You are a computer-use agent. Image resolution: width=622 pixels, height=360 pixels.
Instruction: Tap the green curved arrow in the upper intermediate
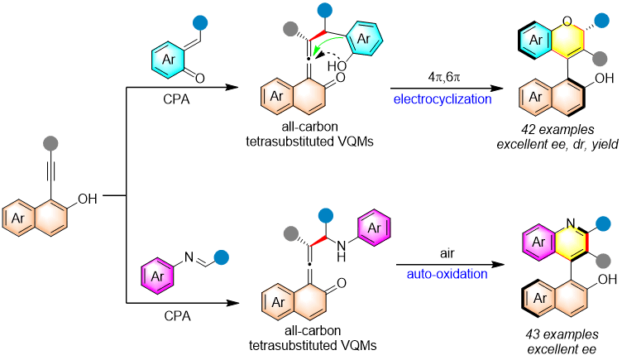(328, 41)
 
